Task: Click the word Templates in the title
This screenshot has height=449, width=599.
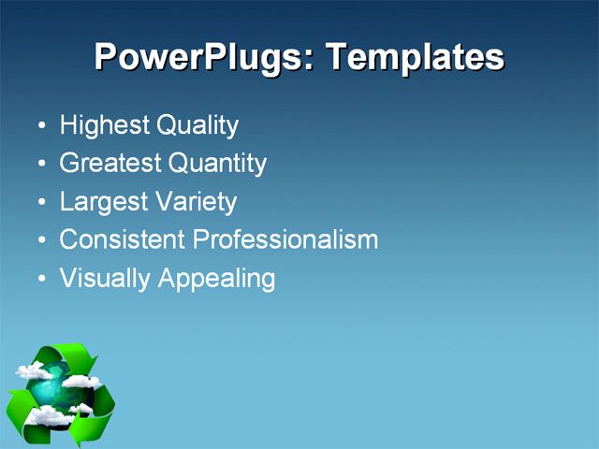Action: pyautogui.click(x=415, y=58)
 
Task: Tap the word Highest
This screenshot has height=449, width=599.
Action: pyautogui.click(x=103, y=125)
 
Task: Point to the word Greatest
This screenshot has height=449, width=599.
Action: pyautogui.click(x=110, y=164)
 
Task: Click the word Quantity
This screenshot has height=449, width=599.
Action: pyautogui.click(x=217, y=164)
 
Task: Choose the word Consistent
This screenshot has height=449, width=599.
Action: pyautogui.click(x=122, y=239)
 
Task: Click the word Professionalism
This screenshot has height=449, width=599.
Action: pyautogui.click(x=285, y=239)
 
